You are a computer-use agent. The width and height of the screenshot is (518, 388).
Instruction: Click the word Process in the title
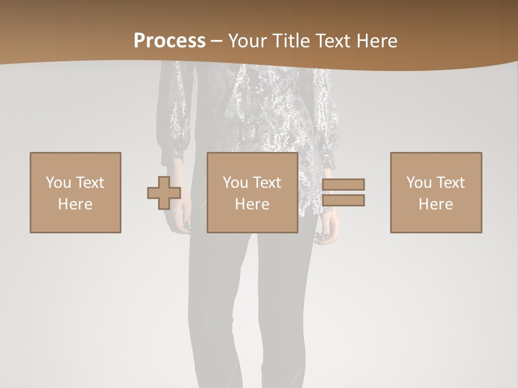(x=169, y=41)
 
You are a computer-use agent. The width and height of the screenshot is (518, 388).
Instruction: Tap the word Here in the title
(x=377, y=41)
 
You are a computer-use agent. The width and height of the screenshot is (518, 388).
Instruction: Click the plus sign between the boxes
(x=164, y=193)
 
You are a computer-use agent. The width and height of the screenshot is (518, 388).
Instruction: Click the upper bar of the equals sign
(x=343, y=184)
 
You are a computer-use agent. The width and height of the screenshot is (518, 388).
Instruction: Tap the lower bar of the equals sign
(x=343, y=200)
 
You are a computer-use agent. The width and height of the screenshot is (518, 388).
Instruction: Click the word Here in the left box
(x=75, y=204)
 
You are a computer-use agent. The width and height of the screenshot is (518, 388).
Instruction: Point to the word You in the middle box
(x=235, y=183)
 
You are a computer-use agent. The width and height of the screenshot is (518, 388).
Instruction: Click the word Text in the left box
(x=89, y=183)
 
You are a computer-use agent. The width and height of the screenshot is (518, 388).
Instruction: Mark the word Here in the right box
(x=435, y=204)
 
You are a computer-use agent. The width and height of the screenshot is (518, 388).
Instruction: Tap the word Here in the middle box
(x=252, y=204)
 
